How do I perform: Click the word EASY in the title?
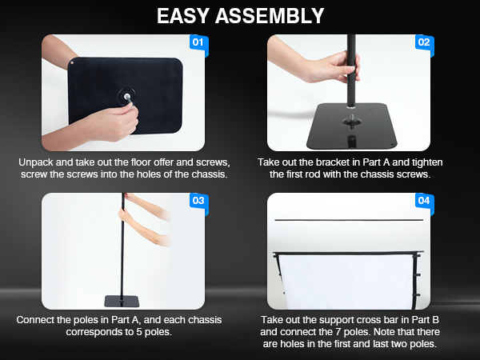pos(190,16)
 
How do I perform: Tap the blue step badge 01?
pos(198,42)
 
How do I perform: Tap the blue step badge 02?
pos(424,42)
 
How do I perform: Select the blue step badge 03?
pos(198,201)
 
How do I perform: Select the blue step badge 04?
pos(424,201)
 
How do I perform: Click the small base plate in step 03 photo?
pos(122,301)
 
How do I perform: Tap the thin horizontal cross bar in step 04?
pos(349,218)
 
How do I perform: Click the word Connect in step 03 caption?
pos(38,320)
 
